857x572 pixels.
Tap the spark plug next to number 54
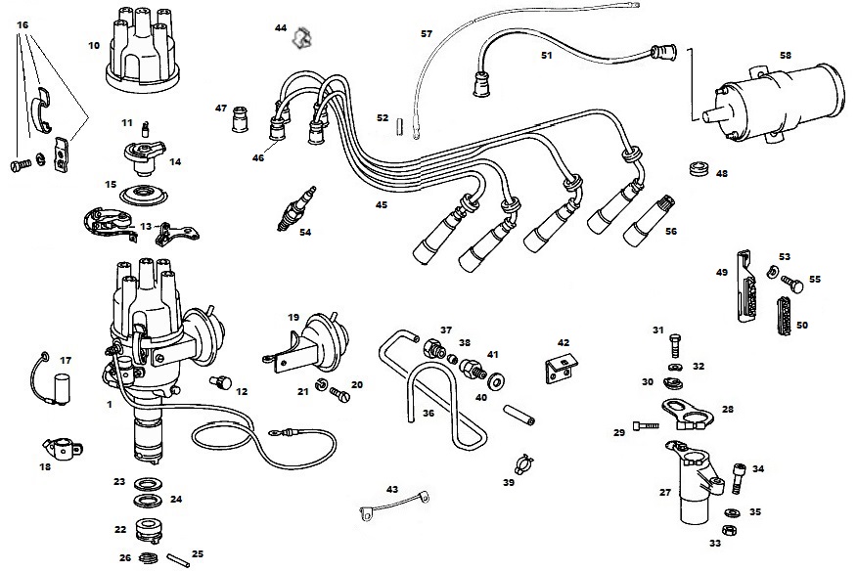coord(297,208)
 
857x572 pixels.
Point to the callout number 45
coord(381,205)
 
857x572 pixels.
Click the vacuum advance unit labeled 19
coord(309,342)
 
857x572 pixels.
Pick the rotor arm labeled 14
coord(144,156)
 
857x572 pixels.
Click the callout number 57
coord(427,34)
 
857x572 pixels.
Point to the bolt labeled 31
coord(674,345)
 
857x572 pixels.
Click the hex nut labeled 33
coord(728,529)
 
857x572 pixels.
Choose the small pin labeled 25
coord(177,560)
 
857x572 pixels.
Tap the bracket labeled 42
coord(562,369)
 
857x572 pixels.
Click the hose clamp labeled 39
coord(523,464)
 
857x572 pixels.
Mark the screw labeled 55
coord(792,285)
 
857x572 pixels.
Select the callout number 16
coord(23,25)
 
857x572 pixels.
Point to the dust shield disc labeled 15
coord(143,196)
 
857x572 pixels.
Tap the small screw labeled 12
coord(221,382)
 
